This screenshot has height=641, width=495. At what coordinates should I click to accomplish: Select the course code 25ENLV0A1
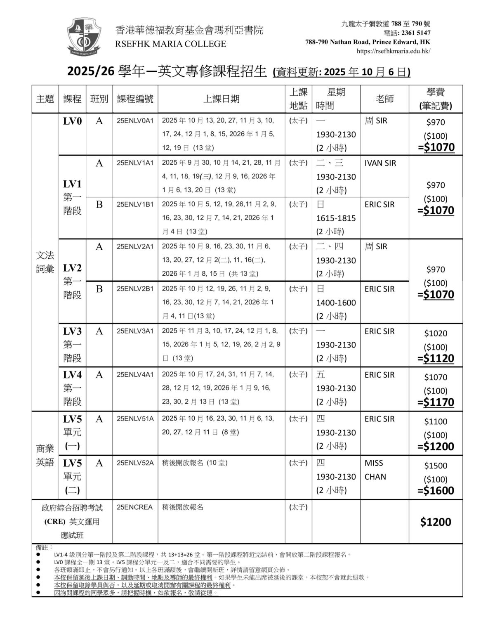click(x=135, y=121)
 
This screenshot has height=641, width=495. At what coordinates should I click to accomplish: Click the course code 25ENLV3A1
click(x=135, y=331)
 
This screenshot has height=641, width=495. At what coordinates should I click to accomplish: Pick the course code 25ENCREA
click(x=134, y=507)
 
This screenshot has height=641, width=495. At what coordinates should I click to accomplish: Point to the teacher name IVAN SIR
click(x=380, y=163)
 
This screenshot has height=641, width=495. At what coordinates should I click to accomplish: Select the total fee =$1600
click(x=436, y=490)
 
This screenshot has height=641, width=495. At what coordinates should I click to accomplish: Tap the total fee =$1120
click(x=436, y=358)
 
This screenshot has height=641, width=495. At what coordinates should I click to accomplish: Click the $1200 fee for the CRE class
click(x=436, y=522)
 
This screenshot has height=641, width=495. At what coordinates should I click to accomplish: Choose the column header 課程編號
click(x=135, y=99)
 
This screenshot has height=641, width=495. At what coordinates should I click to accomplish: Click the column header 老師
click(x=384, y=99)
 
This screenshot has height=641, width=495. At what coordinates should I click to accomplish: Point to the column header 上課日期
click(x=221, y=99)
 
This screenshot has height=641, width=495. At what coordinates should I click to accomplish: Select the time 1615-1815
click(x=336, y=218)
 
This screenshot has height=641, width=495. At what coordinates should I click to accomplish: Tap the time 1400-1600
click(x=336, y=303)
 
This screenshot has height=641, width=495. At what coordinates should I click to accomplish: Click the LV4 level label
click(x=72, y=375)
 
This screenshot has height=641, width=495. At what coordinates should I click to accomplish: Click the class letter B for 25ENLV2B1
click(x=99, y=289)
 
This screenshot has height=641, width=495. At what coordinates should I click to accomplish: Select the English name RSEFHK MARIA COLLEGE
click(x=171, y=44)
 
